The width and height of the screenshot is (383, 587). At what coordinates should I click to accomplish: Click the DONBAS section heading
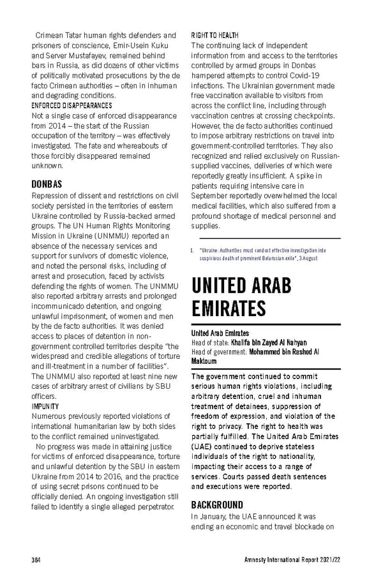point(47,184)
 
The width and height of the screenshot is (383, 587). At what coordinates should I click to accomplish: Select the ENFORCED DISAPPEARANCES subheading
point(71,105)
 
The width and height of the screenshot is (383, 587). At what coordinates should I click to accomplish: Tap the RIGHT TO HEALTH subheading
point(215,35)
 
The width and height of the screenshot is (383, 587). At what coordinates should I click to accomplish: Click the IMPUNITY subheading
point(45,406)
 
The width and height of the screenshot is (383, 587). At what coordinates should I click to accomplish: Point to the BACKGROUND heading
point(217,505)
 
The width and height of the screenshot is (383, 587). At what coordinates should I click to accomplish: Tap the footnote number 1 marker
point(193,252)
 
